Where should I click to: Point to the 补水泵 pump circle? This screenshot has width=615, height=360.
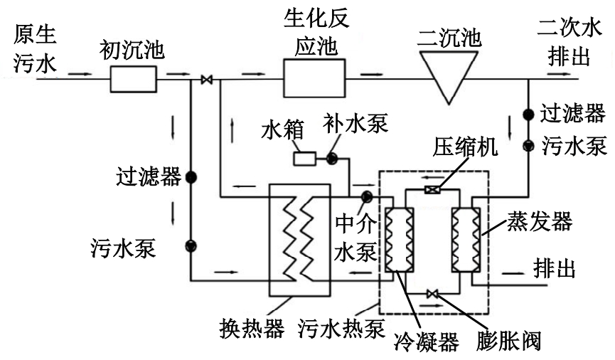click(332, 158)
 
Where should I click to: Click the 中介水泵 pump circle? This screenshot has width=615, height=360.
click(367, 196)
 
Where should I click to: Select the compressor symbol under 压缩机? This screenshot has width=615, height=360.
click(432, 190)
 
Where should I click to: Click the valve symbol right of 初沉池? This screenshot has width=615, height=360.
click(206, 80)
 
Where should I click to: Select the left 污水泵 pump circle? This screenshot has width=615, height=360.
click(191, 246)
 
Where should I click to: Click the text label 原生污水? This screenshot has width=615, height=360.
click(34, 48)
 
